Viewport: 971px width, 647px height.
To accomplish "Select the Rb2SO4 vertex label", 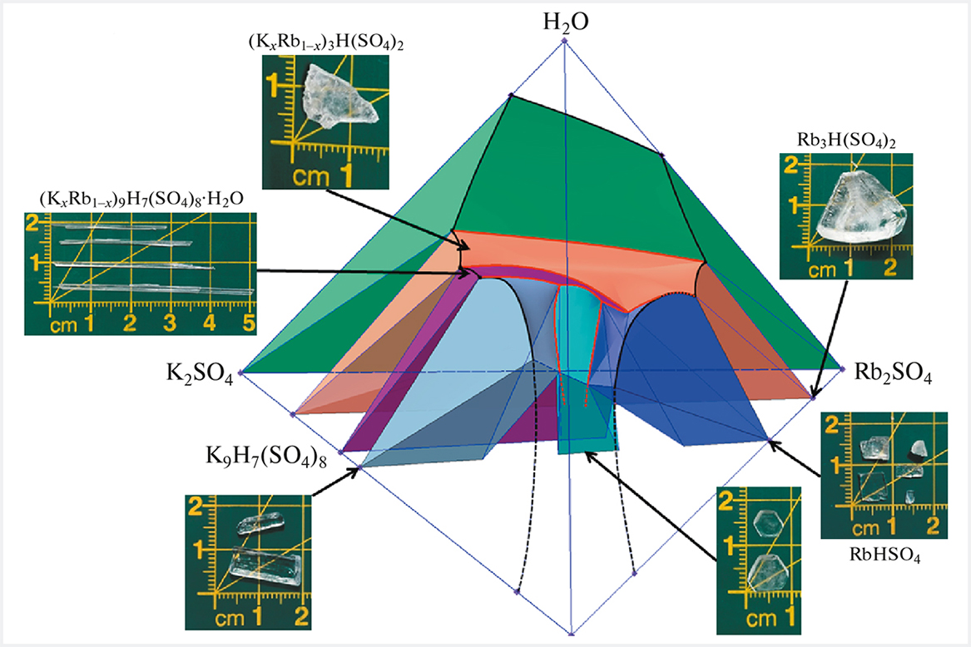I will [893, 375].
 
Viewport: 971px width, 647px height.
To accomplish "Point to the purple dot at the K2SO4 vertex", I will [240, 373].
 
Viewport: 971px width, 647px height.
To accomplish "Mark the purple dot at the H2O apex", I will [565, 40].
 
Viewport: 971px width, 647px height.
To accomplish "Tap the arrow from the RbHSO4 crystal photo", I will [795, 457].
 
